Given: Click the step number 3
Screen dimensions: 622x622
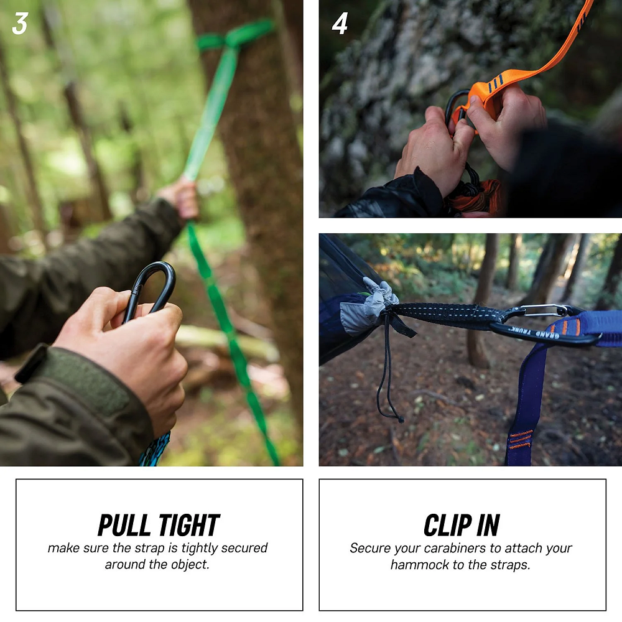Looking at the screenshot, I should [x=19, y=23].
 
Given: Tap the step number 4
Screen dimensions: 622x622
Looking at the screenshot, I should [x=340, y=24].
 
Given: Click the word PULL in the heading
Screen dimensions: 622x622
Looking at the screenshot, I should [x=124, y=526].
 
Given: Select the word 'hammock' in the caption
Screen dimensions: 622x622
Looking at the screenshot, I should [x=417, y=565].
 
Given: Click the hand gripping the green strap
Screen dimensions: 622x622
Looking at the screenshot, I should [x=181, y=198].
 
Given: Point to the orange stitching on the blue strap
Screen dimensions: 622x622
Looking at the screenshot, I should [x=521, y=439].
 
